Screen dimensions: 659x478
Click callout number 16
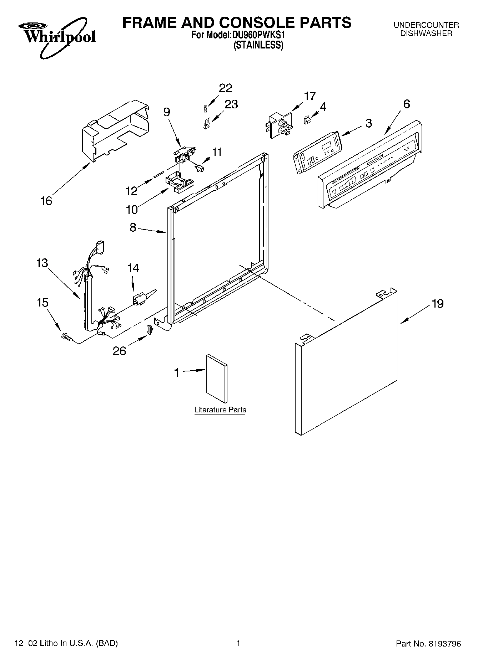coord(46,201)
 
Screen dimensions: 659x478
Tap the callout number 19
coord(437,304)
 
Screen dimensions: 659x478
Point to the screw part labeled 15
coord(66,336)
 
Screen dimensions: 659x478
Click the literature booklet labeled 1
coord(217,379)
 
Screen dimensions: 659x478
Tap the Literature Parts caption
coord(220,410)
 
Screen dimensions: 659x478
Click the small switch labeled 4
coord(307,120)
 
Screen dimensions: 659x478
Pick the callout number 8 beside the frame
coord(133,227)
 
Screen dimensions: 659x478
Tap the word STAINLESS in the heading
coord(258,46)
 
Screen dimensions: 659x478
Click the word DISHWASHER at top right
coord(426,34)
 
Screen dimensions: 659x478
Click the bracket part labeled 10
coord(180,181)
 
